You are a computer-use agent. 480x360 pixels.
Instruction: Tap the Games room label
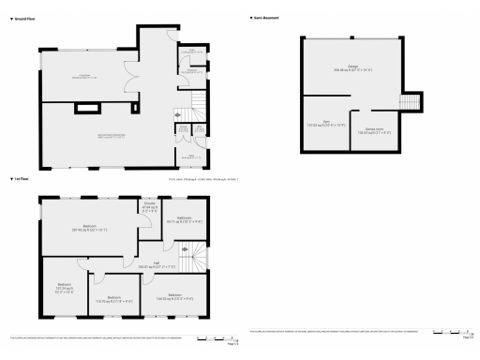click(x=378, y=130)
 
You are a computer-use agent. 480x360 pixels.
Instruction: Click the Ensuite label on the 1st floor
click(x=149, y=209)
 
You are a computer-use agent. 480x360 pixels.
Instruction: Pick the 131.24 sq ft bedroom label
click(x=65, y=287)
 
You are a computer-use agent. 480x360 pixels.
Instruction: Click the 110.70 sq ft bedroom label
click(x=113, y=299)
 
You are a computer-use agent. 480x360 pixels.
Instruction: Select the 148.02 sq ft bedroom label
click(x=174, y=296)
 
